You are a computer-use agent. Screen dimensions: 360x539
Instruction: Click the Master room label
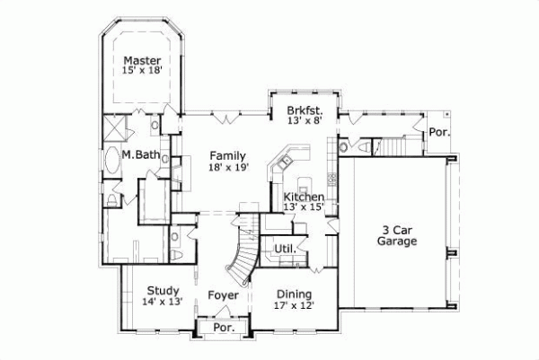(x=143, y=61)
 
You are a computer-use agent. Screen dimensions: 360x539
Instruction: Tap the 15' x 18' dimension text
(x=143, y=73)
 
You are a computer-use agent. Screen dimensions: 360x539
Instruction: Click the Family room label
(x=227, y=155)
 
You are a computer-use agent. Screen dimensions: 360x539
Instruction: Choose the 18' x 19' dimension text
(x=227, y=167)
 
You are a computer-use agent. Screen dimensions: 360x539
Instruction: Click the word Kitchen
(x=304, y=197)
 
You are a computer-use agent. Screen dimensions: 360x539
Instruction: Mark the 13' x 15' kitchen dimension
(x=304, y=208)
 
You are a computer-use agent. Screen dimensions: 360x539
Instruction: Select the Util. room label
(x=285, y=249)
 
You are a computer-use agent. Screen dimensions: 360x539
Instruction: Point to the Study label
(x=163, y=290)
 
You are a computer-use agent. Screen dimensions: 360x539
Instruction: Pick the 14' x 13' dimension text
(x=163, y=303)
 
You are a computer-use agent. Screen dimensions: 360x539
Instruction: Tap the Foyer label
(x=223, y=294)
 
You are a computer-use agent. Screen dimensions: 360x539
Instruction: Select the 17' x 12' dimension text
(x=294, y=306)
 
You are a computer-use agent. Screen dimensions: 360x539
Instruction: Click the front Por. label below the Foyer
(x=221, y=328)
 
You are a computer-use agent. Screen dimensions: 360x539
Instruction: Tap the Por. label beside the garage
(x=439, y=131)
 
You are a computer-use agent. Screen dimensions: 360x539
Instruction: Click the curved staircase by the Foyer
(x=241, y=256)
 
